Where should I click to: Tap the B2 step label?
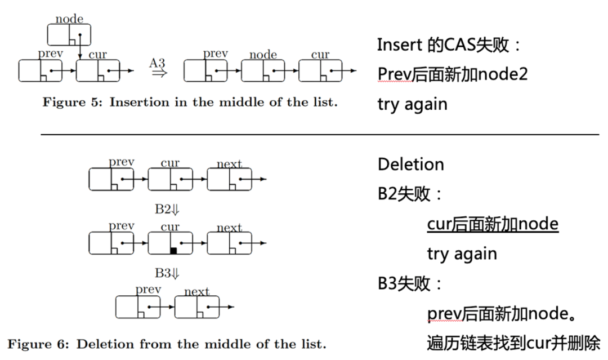pyautogui.click(x=167, y=209)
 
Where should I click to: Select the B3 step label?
pyautogui.click(x=167, y=273)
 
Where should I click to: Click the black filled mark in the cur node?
pyautogui.click(x=173, y=250)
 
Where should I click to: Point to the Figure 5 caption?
pyautogui.click(x=190, y=103)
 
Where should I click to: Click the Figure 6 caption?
pyautogui.click(x=167, y=344)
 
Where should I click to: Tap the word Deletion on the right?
pyautogui.click(x=411, y=165)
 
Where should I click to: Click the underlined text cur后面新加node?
pyautogui.click(x=493, y=224)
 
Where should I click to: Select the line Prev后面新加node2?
pyautogui.click(x=453, y=74)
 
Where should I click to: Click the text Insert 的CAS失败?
pyautogui.click(x=450, y=45)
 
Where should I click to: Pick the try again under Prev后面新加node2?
pyautogui.click(x=413, y=104)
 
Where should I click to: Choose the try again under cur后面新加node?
pyautogui.click(x=462, y=254)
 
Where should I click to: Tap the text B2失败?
pyautogui.click(x=410, y=194)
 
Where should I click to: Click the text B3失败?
pyautogui.click(x=410, y=283)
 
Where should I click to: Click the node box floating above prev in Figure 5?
pyautogui.click(x=69, y=34)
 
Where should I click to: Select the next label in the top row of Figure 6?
pyautogui.click(x=229, y=164)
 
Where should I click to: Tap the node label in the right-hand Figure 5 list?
pyautogui.click(x=263, y=55)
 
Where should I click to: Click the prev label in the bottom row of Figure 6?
pyautogui.click(x=149, y=290)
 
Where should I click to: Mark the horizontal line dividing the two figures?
pyautogui.click(x=320, y=135)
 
